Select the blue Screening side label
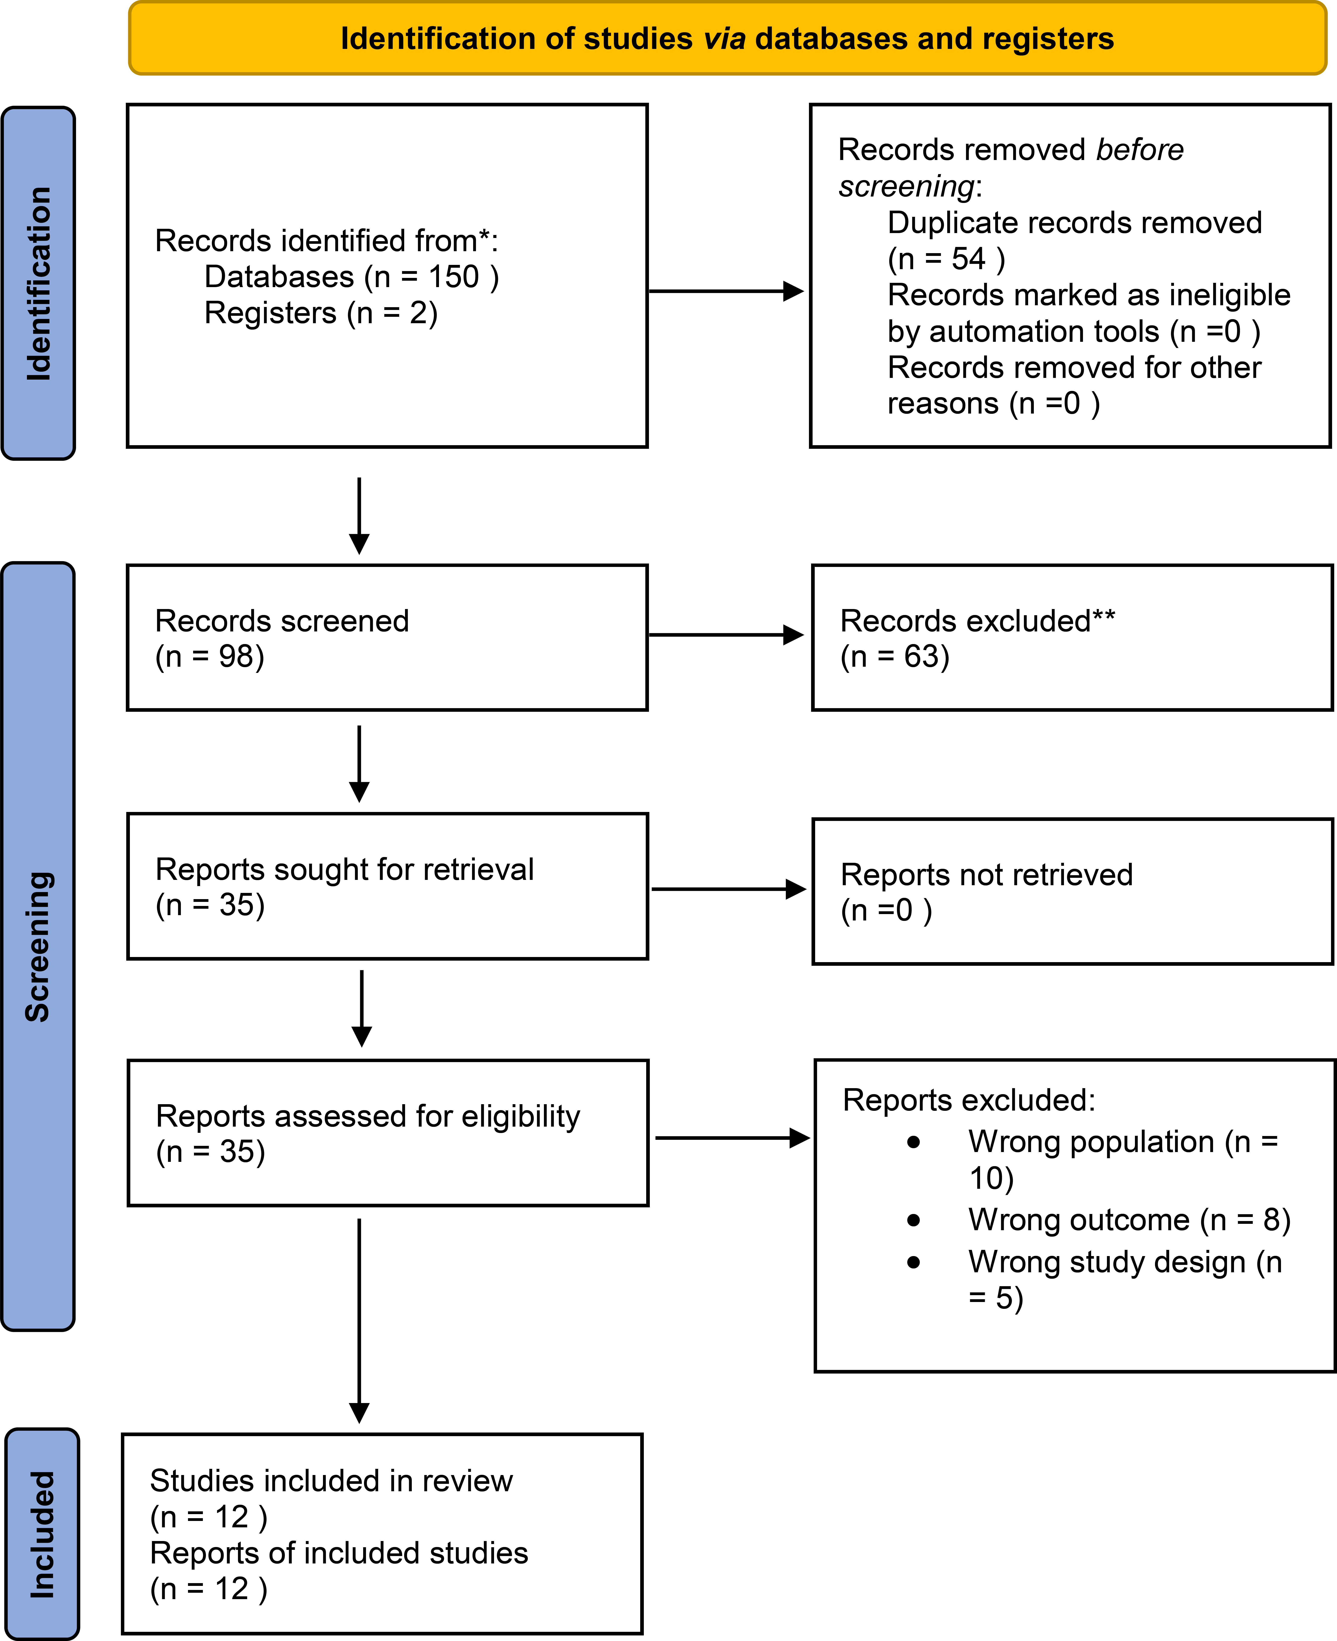click(x=38, y=946)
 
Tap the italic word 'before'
click(x=1140, y=149)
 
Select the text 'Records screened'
click(x=282, y=621)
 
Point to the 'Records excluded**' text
click(x=977, y=621)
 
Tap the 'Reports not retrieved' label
click(x=987, y=875)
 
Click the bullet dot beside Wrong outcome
click(x=913, y=1220)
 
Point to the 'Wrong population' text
click(x=1091, y=1142)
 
